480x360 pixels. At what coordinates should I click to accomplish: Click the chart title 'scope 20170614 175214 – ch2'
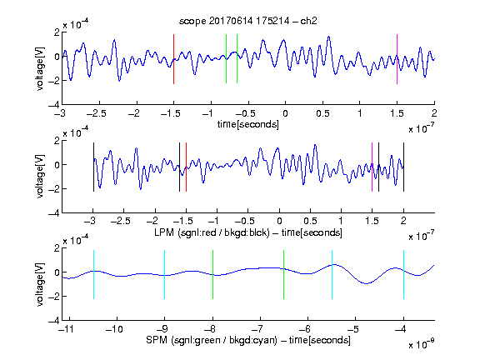[x=248, y=21]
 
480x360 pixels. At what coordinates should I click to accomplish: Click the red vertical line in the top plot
[x=174, y=59]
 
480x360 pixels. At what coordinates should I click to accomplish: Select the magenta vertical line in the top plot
[x=397, y=59]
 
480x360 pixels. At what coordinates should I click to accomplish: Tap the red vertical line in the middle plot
[x=186, y=167]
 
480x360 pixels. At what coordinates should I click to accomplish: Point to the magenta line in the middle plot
[x=372, y=167]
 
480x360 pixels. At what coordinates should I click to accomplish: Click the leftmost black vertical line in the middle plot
[x=93, y=167]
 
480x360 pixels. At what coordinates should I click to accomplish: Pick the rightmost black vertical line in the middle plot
[x=403, y=167]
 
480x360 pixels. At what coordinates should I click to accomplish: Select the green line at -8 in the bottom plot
[x=212, y=274]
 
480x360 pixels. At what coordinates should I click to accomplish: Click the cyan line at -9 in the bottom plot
[x=165, y=274]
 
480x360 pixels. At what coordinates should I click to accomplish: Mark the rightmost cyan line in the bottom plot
[x=403, y=274]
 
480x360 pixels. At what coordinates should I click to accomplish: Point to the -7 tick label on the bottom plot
[x=258, y=329]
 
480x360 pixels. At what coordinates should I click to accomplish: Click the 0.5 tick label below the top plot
[x=322, y=113]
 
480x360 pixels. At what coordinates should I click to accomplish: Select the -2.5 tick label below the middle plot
[x=121, y=221]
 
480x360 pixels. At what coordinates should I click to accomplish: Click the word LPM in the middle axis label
[x=164, y=232]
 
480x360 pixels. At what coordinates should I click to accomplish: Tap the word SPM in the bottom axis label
[x=157, y=340]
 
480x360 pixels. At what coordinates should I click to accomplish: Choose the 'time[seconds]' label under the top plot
[x=248, y=124]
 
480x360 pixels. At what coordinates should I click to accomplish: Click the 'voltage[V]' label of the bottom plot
[x=40, y=285]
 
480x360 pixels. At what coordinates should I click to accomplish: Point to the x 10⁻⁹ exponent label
[x=421, y=344]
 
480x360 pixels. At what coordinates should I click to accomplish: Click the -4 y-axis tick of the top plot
[x=54, y=105]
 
